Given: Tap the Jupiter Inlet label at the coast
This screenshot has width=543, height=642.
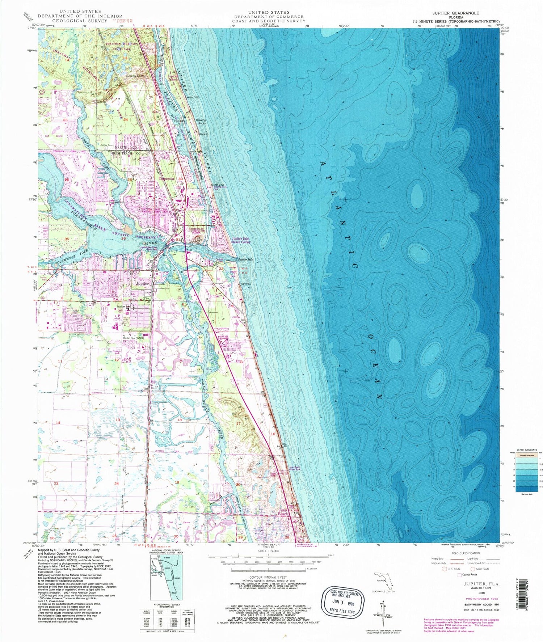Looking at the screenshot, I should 245,259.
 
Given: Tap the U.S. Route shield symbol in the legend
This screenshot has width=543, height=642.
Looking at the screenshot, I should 445,569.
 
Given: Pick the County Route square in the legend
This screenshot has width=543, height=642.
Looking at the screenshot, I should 459,575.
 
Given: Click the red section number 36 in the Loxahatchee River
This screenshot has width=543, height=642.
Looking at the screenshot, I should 123,238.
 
